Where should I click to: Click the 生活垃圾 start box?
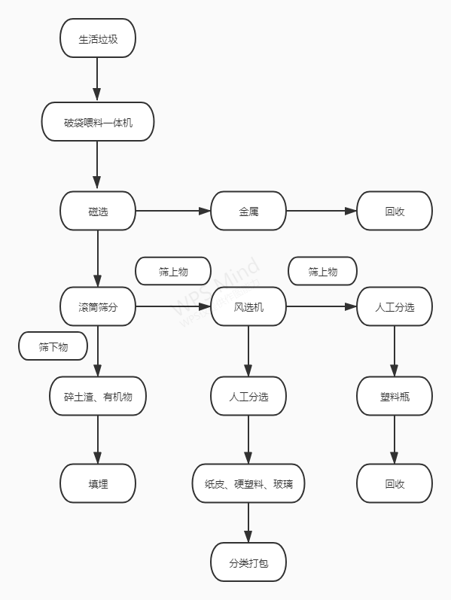tap(98, 38)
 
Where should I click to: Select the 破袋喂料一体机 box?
tap(98, 122)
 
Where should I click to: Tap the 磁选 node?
tap(98, 211)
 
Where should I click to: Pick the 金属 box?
tap(248, 211)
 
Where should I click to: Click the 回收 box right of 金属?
tap(395, 211)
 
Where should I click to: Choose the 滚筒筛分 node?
tap(98, 306)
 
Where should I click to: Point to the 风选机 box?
tap(248, 306)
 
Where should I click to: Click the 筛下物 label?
tap(53, 346)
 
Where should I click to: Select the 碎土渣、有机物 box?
tap(98, 396)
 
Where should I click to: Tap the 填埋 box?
tap(98, 483)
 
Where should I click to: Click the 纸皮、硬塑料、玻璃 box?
tap(248, 483)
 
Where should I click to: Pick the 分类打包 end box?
tap(248, 562)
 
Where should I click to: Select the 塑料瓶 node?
tap(395, 396)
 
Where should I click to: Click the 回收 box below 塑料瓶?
tap(395, 483)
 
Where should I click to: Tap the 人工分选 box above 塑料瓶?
tap(395, 306)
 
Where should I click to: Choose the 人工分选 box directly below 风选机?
tap(248, 396)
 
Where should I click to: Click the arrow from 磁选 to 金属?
tap(173, 211)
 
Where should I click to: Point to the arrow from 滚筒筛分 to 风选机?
tap(173, 306)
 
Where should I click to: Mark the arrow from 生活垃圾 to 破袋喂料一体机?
tap(98, 79)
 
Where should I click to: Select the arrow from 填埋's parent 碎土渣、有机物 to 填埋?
tap(98, 440)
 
